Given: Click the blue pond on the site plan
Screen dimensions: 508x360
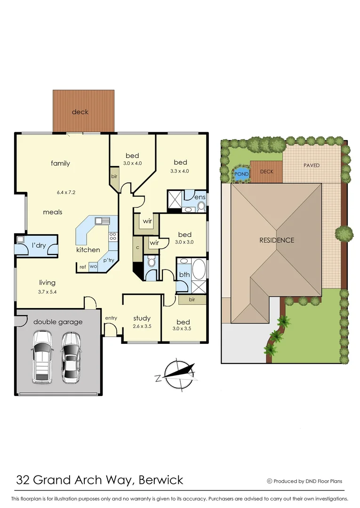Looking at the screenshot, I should (241, 174).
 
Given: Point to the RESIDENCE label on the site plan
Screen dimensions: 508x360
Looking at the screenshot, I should (277, 240).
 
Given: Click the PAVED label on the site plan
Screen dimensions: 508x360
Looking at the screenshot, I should (311, 165).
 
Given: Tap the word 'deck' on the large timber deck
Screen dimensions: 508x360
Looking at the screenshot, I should (80, 112).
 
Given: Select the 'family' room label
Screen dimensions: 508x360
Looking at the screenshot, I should (60, 163).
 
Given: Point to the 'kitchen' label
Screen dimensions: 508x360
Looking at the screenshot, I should (88, 250).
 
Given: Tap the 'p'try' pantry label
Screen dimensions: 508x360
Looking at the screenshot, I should (109, 260).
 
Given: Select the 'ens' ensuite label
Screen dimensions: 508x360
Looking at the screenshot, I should (200, 197).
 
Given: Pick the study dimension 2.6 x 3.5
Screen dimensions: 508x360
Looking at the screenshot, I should (141, 326).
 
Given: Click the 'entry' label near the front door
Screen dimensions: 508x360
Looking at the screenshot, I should (111, 318).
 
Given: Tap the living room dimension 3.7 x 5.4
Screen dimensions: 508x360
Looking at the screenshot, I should (47, 292).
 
